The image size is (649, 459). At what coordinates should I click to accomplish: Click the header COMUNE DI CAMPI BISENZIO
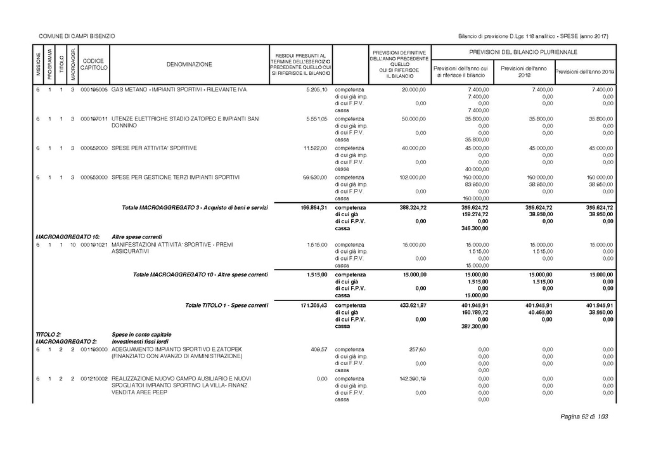(77, 36)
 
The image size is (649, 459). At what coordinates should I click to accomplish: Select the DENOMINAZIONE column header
(190, 64)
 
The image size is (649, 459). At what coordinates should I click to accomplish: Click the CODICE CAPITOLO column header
(94, 64)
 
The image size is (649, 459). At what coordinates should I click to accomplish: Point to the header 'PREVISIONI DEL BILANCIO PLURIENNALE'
(523, 51)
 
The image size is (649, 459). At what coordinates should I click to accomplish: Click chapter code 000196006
(94, 89)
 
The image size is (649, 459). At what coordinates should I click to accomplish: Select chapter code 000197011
(94, 119)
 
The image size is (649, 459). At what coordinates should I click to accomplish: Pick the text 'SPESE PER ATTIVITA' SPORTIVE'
(154, 148)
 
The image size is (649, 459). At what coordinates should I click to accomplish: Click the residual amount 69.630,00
(314, 177)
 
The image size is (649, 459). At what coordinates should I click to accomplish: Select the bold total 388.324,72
(411, 207)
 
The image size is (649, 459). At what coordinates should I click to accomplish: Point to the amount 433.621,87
(411, 306)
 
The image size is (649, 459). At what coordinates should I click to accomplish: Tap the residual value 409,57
(318, 349)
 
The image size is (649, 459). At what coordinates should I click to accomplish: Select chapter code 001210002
(94, 378)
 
